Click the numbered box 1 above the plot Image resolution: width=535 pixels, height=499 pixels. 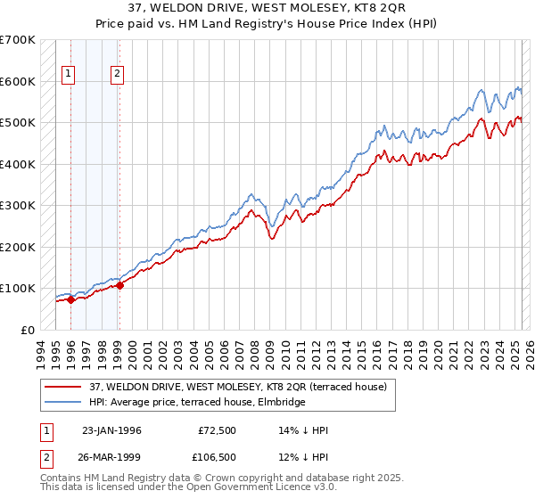click(x=70, y=74)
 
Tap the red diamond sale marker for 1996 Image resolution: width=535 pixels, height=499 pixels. click(x=70, y=299)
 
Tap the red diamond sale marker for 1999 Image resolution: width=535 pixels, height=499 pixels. click(x=119, y=285)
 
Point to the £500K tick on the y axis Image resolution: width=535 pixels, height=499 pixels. click(x=19, y=122)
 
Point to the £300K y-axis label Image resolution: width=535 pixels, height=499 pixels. click(x=19, y=205)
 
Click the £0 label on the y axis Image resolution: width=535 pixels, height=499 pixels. click(x=28, y=330)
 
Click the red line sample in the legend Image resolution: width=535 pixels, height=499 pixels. click(x=64, y=387)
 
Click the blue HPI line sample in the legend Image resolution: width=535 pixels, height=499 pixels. click(x=64, y=403)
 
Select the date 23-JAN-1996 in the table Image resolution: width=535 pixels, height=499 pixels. click(x=111, y=430)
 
